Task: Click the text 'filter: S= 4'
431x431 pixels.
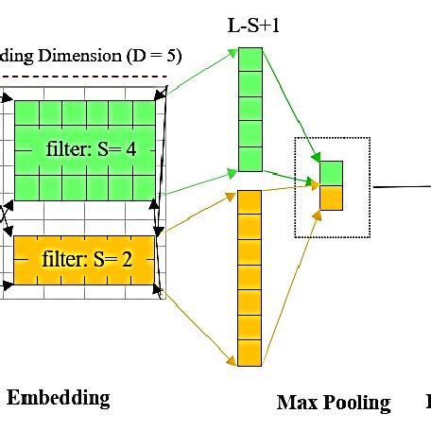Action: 93,149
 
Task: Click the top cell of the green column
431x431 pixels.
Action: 248,60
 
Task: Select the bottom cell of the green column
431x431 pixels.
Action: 248,159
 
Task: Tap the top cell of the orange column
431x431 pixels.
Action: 248,202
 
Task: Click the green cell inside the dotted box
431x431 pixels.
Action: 330,172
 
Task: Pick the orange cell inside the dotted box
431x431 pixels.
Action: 330,197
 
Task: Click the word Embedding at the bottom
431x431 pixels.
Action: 59,397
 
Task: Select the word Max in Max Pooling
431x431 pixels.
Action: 295,403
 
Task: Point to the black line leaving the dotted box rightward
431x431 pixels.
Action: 402,186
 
